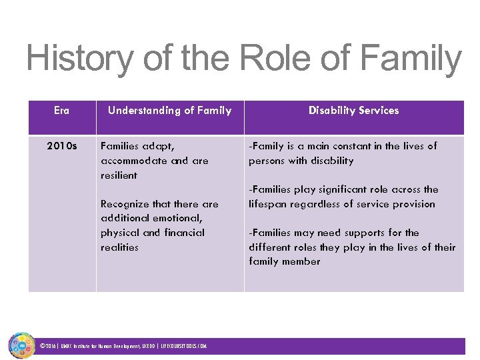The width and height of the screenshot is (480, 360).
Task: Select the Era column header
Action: tap(61, 111)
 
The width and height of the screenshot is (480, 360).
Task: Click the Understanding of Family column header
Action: tap(169, 111)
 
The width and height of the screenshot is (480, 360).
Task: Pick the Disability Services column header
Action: tap(353, 111)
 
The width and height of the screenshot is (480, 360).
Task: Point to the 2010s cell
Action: tap(61, 146)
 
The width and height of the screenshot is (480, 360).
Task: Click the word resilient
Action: tap(119, 175)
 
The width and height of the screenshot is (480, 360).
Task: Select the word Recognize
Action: tap(125, 204)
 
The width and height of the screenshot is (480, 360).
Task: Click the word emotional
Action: tap(177, 219)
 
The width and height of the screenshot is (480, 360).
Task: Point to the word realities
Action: tap(119, 247)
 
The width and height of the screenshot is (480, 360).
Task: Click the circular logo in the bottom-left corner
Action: tap(21, 345)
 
